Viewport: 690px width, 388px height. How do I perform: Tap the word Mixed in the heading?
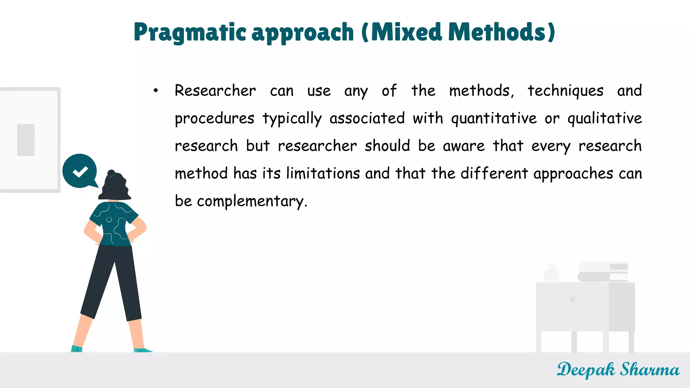pyautogui.click(x=406, y=33)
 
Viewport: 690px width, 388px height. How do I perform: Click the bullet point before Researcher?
pyautogui.click(x=155, y=90)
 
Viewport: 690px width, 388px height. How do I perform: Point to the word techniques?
pyautogui.click(x=565, y=91)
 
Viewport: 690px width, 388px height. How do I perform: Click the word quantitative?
pyautogui.click(x=494, y=119)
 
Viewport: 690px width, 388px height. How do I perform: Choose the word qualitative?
pyautogui.click(x=604, y=119)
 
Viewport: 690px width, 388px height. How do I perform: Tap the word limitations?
pyautogui.click(x=323, y=173)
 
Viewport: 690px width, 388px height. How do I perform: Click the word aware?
pyautogui.click(x=464, y=146)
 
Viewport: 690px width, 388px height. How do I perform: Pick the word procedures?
pyautogui.click(x=215, y=119)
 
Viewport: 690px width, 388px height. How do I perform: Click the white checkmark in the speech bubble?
pyautogui.click(x=80, y=171)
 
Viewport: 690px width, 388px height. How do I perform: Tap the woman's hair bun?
pyautogui.click(x=111, y=173)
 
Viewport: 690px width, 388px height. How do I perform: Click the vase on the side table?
pyautogui.click(x=552, y=273)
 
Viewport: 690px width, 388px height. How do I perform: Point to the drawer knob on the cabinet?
pyautogui.click(x=572, y=299)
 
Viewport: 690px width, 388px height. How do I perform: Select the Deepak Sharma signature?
pyautogui.click(x=618, y=370)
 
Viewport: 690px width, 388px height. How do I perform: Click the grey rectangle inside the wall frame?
pyautogui.click(x=26, y=140)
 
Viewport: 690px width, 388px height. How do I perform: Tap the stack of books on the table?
pyautogui.click(x=602, y=272)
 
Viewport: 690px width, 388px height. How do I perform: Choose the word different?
pyautogui.click(x=494, y=173)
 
